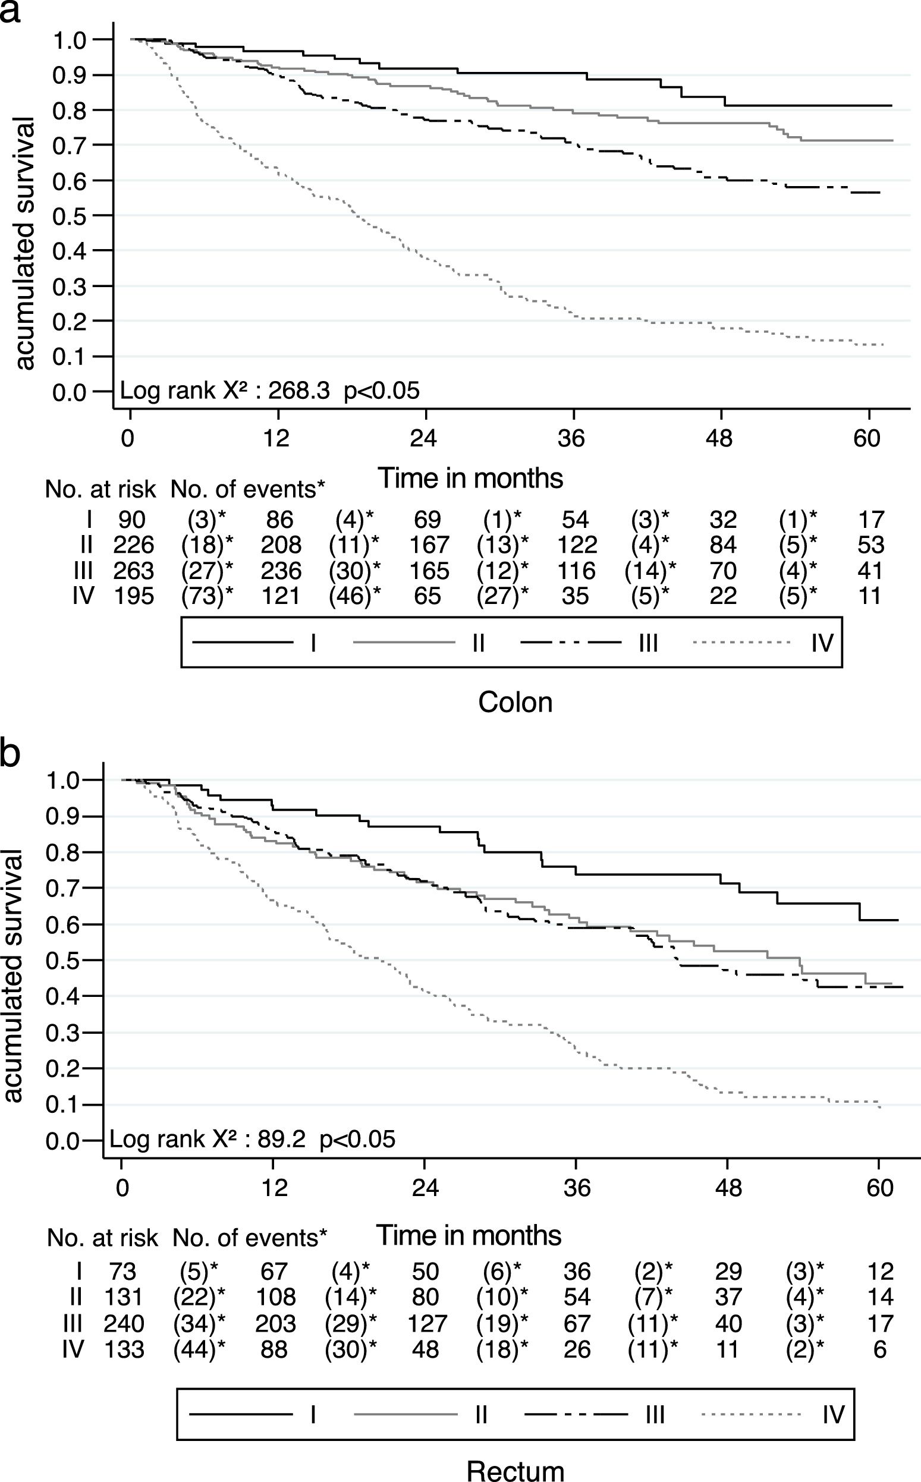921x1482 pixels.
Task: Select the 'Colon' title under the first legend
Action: pos(515,702)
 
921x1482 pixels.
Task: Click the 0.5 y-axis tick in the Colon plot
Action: pos(69,216)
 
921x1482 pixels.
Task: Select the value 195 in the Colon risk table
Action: pos(134,596)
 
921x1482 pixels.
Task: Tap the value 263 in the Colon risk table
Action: pos(134,571)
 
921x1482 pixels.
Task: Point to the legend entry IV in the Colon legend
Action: pos(822,643)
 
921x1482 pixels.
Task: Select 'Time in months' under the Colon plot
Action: pos(470,478)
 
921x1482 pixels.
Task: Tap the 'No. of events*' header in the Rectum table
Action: pos(250,1237)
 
